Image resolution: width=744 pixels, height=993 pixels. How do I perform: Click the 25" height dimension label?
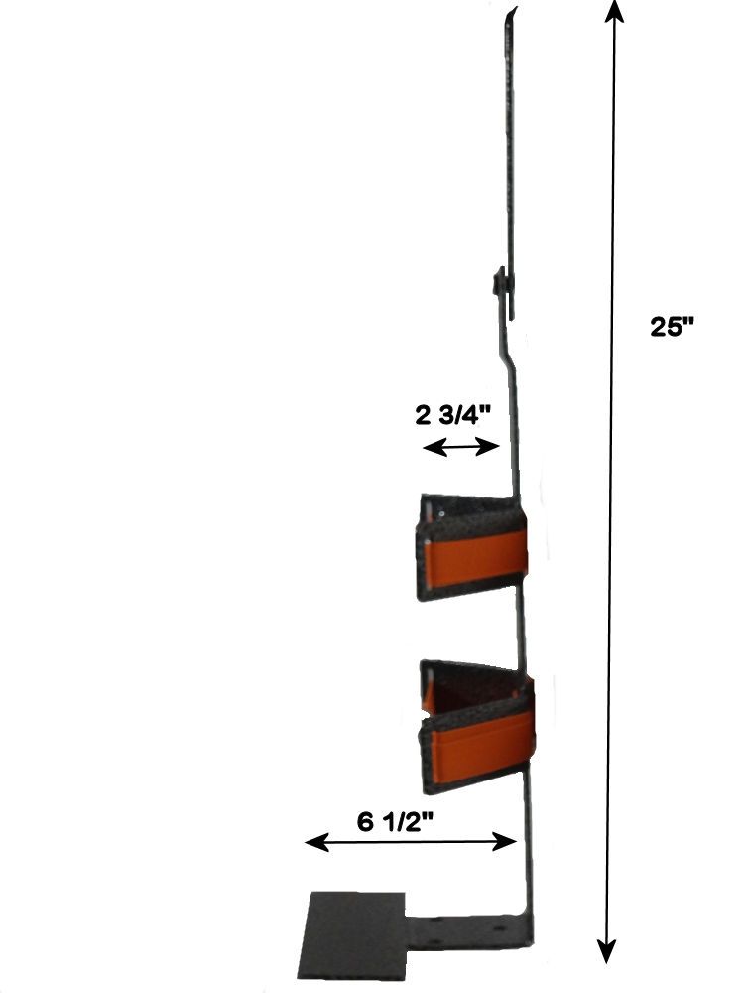point(673,327)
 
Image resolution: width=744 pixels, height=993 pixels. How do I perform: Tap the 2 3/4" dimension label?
point(453,416)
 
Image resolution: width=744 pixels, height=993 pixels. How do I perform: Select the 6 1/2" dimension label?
point(395,822)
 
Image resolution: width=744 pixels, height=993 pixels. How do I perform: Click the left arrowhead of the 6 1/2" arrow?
point(317,842)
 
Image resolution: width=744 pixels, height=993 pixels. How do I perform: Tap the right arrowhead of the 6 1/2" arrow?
point(505,842)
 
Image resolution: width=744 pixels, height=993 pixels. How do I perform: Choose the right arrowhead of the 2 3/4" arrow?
point(488,447)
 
